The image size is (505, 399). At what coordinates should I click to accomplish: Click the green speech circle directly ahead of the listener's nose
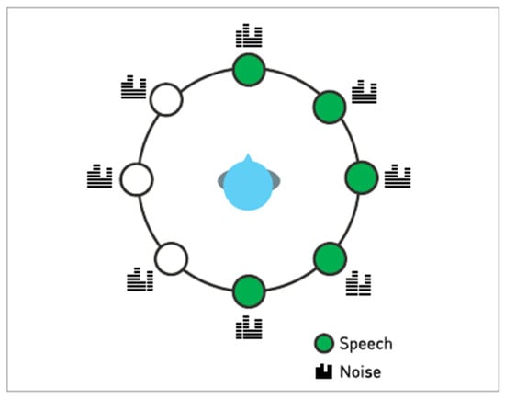click(249, 70)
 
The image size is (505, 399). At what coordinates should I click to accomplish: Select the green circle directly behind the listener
click(249, 291)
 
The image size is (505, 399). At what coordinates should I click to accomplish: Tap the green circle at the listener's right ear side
click(362, 177)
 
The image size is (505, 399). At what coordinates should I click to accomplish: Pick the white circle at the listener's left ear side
click(137, 179)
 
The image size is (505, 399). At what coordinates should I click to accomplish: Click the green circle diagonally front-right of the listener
click(330, 107)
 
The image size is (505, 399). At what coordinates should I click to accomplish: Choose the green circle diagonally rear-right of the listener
click(331, 258)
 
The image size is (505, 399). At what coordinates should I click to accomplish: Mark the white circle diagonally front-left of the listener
click(166, 99)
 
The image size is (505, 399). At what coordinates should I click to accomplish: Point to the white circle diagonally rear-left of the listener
click(171, 258)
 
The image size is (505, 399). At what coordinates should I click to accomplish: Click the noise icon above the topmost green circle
click(249, 35)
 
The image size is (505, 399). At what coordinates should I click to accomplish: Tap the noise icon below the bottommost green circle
click(249, 327)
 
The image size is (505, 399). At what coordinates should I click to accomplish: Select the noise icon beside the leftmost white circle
click(100, 176)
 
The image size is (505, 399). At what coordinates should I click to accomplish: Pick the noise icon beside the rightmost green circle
click(398, 176)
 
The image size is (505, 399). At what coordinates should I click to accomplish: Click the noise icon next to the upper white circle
click(134, 86)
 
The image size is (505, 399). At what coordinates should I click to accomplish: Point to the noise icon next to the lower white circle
click(140, 279)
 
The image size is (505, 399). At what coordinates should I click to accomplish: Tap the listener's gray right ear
click(276, 179)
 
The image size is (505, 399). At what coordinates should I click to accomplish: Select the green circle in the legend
click(324, 343)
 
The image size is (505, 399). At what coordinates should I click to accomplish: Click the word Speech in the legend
click(365, 344)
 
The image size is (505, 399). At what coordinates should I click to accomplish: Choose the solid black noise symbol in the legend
click(324, 371)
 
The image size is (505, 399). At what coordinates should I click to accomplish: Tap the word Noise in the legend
click(361, 372)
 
